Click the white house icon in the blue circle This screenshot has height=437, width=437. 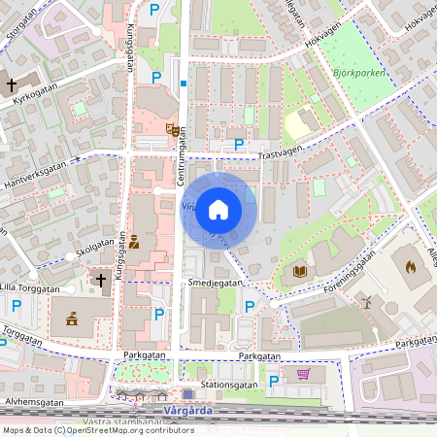pyautogui.click(x=218, y=210)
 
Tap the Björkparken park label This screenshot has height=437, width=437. pyautogui.click(x=361, y=72)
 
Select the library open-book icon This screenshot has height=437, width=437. pyautogui.click(x=299, y=271)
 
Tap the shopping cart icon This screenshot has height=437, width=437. pyautogui.click(x=303, y=374)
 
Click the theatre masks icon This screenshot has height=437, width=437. pyautogui.click(x=172, y=128)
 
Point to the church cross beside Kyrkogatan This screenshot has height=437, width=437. pyautogui.click(x=12, y=85)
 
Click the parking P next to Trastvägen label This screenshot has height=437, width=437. pyautogui.click(x=239, y=145)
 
